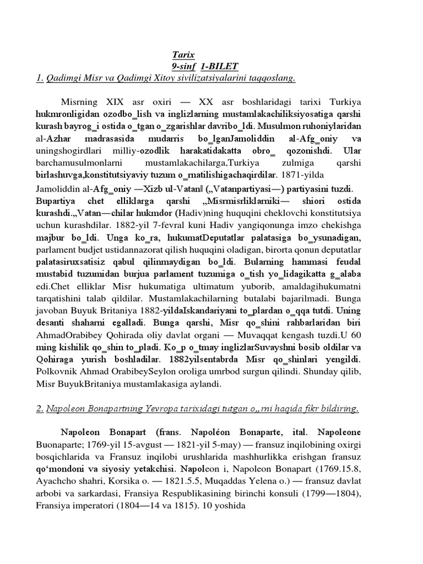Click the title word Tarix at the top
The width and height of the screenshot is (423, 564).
tap(181, 55)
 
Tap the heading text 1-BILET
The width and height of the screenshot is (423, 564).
tap(220, 66)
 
